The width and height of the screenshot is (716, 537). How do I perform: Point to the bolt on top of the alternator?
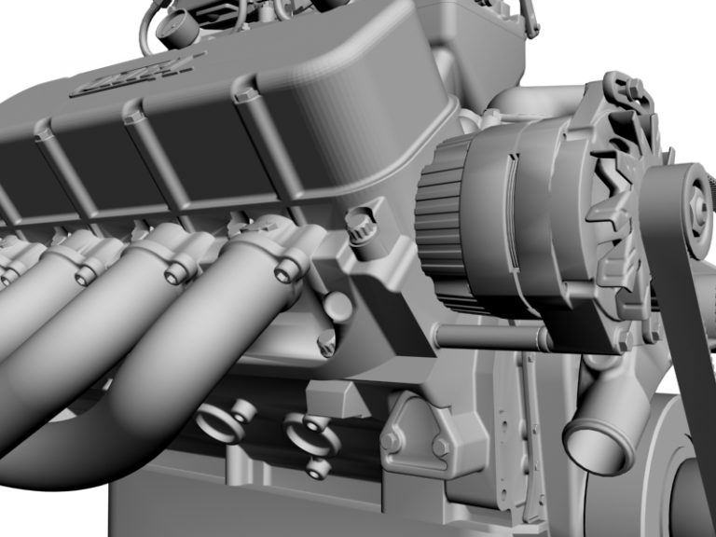[x=635, y=89]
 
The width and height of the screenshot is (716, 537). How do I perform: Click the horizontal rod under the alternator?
[x=485, y=337]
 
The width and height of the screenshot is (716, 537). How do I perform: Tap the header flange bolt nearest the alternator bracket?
[x=285, y=271]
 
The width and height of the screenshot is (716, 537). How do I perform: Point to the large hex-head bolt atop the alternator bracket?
[x=359, y=225]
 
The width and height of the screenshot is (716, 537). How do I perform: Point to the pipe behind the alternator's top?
[x=541, y=99]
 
